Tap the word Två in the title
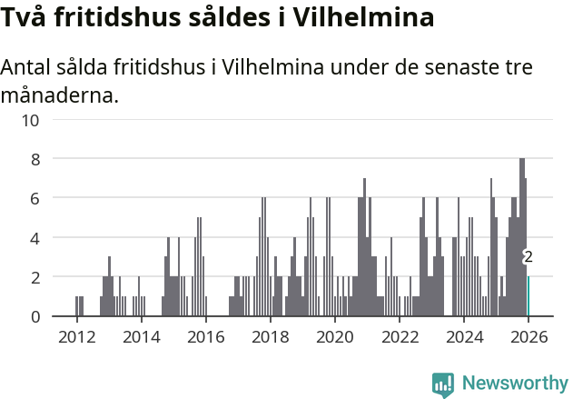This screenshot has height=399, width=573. [25, 16]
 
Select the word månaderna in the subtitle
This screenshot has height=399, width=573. [60, 95]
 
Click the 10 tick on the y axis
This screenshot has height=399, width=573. [31, 119]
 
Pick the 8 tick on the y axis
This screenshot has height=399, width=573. [35, 159]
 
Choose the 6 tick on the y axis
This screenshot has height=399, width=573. [35, 198]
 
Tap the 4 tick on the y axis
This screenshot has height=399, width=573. [35, 238]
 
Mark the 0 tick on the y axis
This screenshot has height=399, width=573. [35, 316]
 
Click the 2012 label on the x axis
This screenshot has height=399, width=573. [76, 336]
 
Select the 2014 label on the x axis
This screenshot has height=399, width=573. [141, 336]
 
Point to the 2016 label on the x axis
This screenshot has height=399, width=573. [205, 336]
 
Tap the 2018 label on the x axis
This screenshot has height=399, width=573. [270, 336]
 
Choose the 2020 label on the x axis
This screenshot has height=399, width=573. [334, 336]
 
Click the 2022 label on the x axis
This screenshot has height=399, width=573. [399, 336]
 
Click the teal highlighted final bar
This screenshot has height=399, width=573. [529, 296]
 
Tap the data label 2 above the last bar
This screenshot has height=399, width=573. [528, 257]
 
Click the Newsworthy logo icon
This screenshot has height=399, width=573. [443, 384]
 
